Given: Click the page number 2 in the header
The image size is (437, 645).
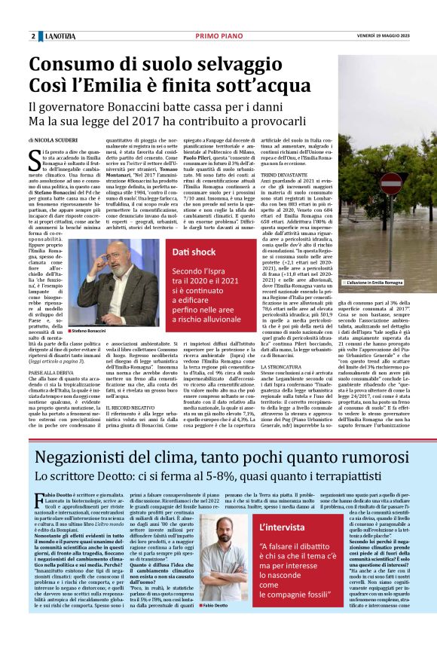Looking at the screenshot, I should point(33,37).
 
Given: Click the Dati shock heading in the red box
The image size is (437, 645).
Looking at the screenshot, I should point(193,250).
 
